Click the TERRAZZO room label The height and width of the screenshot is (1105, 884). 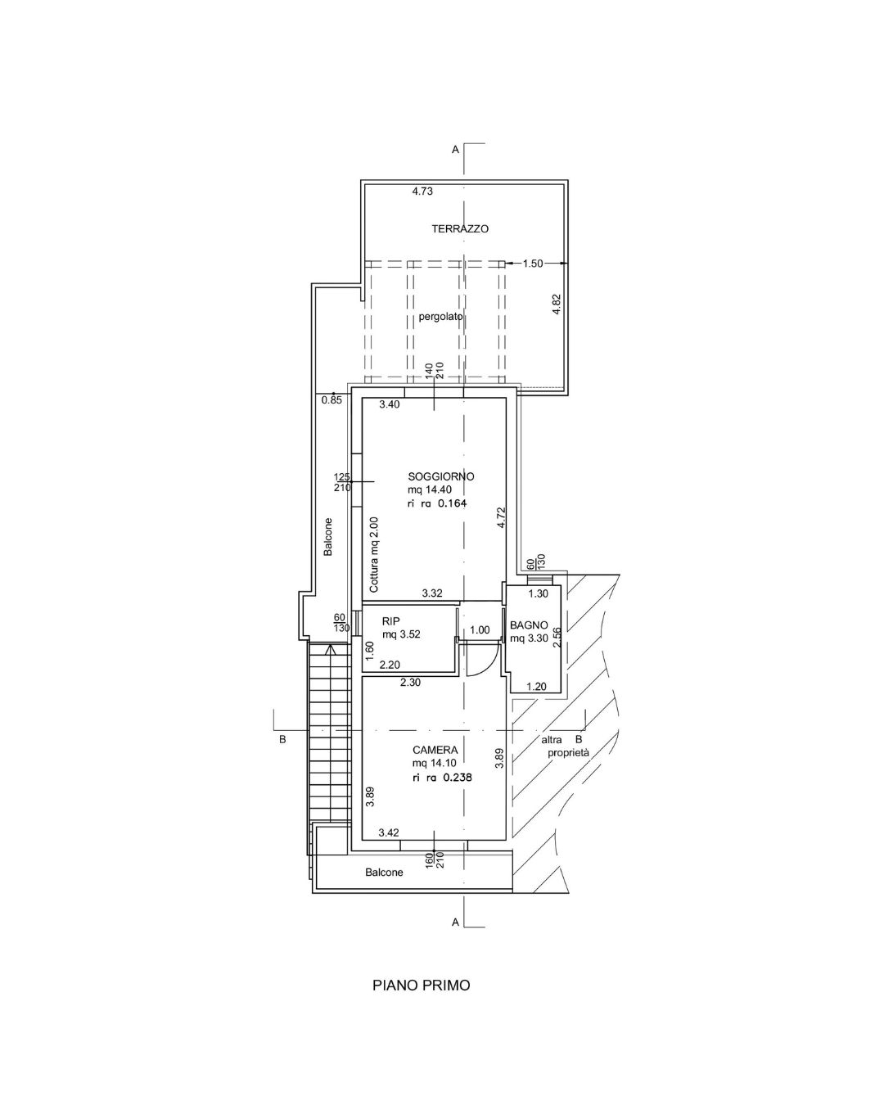tap(460, 229)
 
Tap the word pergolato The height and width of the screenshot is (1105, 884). tap(440, 317)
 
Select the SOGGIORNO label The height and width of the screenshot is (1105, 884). tap(440, 476)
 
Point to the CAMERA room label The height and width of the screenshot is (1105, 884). tap(435, 751)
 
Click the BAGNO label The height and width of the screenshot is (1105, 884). tap(529, 625)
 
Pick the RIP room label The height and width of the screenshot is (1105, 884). tap(390, 621)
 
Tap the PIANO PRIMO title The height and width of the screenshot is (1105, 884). tap(422, 985)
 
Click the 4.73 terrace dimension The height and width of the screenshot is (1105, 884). tap(422, 192)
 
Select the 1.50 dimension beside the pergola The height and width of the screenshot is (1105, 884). tap(533, 264)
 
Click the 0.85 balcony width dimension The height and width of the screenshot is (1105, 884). tap(331, 399)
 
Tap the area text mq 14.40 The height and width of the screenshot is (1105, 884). tap(430, 489)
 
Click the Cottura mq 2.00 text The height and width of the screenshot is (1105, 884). tap(373, 555)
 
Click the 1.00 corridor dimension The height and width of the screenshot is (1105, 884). tap(480, 629)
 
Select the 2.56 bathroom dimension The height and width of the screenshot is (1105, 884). tap(556, 638)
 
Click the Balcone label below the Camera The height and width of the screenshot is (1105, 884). tap(384, 872)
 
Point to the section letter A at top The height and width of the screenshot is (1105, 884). tap(455, 150)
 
